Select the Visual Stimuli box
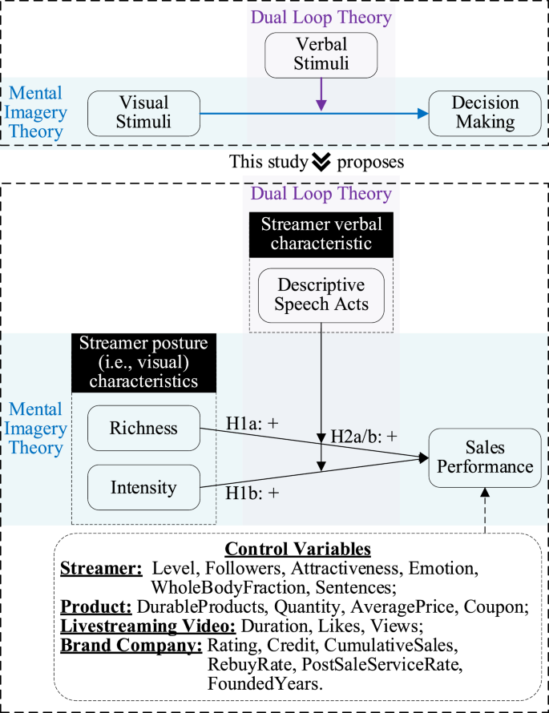click(143, 113)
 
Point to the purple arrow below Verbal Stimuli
click(321, 95)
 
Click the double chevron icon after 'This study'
click(321, 162)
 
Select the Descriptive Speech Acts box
click(321, 295)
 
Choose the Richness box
click(143, 428)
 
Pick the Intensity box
click(143, 486)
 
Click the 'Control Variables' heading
click(298, 550)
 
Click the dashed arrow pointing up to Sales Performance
click(485, 510)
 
